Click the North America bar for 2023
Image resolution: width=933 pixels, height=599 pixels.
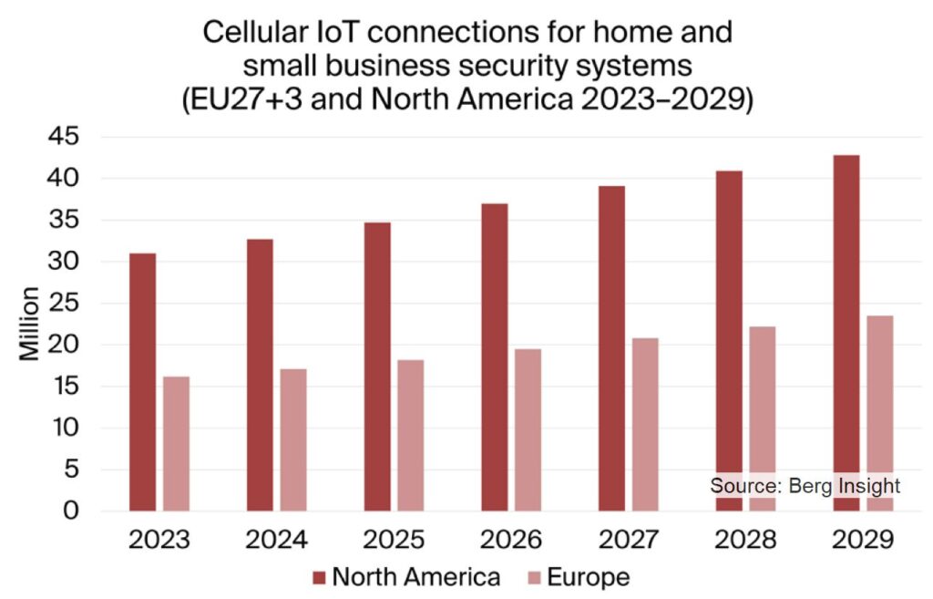pyautogui.click(x=142, y=382)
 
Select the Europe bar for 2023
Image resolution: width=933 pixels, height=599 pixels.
pyautogui.click(x=177, y=443)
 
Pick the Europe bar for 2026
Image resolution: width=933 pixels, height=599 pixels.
pyautogui.click(x=528, y=429)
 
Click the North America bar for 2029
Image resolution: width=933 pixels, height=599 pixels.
pyautogui.click(x=846, y=333)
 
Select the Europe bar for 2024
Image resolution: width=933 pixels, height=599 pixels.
pyautogui.click(x=293, y=439)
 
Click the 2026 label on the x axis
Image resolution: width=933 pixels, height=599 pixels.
pyautogui.click(x=511, y=540)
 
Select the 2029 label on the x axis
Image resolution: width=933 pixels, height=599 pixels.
pyautogui.click(x=863, y=540)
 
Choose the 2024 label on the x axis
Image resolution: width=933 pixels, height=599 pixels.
pyautogui.click(x=276, y=540)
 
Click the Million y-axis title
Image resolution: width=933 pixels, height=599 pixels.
pyautogui.click(x=30, y=324)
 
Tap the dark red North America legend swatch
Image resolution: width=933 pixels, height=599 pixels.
pyautogui.click(x=319, y=577)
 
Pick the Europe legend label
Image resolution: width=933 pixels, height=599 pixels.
pyautogui.click(x=588, y=577)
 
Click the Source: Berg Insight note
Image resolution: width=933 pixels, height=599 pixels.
pyautogui.click(x=805, y=485)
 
